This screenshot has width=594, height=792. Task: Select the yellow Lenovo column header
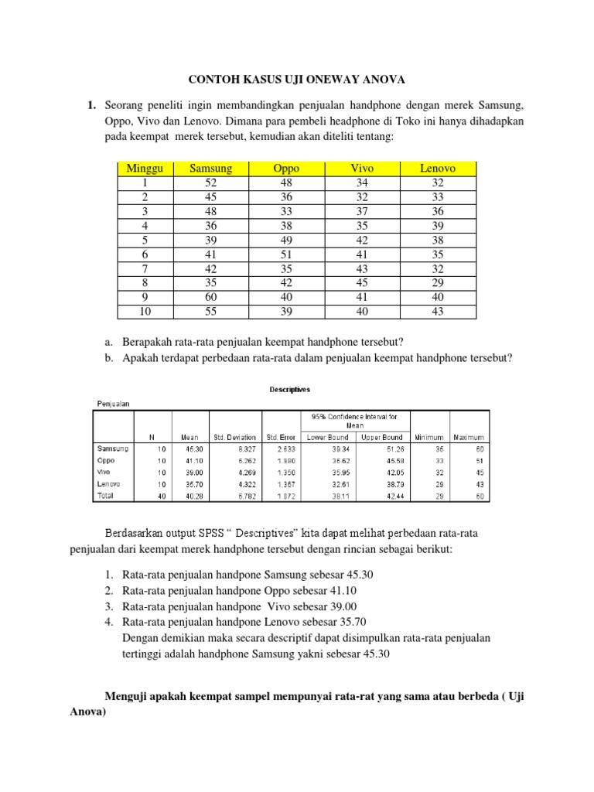438,168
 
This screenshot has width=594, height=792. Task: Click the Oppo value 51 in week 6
286,254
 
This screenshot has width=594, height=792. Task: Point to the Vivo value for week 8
362,282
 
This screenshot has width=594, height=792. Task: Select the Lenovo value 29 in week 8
438,282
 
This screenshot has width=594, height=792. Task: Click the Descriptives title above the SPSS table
290,390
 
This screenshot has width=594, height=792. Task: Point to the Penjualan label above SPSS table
114,403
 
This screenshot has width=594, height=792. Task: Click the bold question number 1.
90,104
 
